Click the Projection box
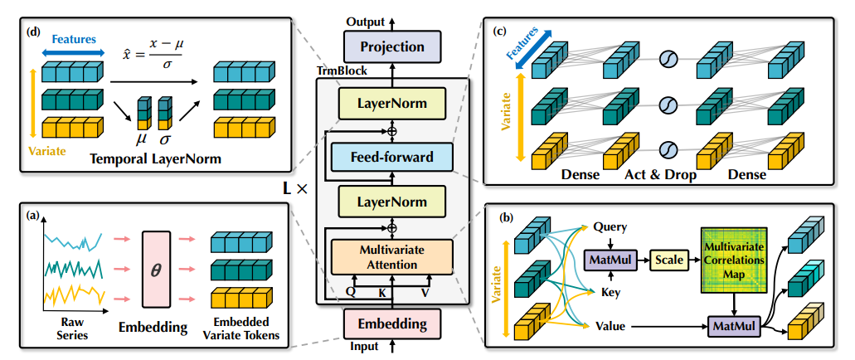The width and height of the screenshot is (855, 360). click(391, 46)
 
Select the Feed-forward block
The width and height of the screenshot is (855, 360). click(391, 156)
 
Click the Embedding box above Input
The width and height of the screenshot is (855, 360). click(391, 324)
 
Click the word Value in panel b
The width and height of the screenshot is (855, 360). click(611, 326)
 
